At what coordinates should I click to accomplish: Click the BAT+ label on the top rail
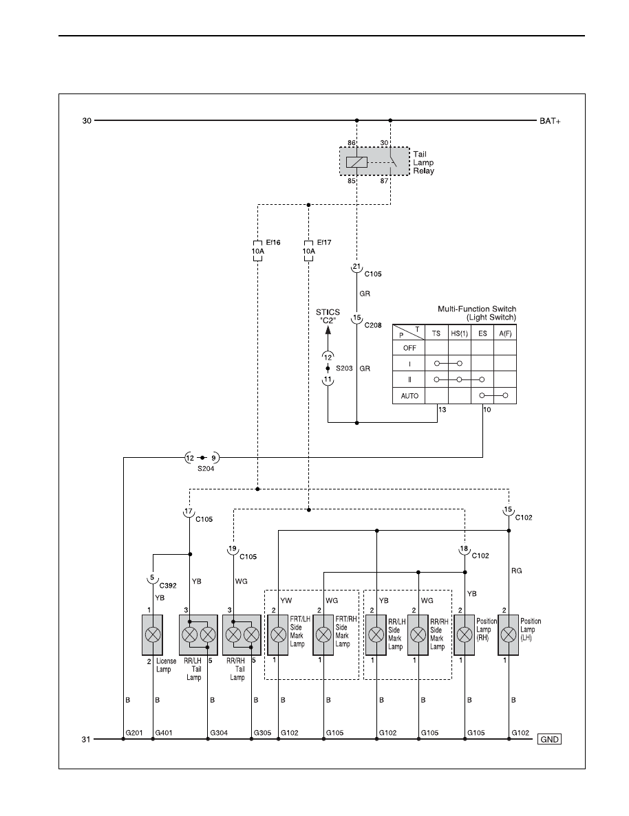(x=550, y=121)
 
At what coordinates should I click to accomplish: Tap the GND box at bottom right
(x=549, y=739)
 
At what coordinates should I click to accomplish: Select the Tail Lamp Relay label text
(x=423, y=162)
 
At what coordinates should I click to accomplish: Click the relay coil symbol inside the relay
(x=356, y=162)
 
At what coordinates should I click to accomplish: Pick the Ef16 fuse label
(x=273, y=242)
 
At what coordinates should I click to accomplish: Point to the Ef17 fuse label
(x=324, y=242)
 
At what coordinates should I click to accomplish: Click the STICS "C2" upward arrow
(x=328, y=338)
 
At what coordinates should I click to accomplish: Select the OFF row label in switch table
(x=409, y=348)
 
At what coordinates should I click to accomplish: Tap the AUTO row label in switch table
(x=409, y=396)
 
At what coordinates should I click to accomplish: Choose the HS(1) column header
(x=459, y=333)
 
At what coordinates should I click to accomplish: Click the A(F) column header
(x=505, y=333)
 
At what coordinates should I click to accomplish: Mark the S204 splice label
(x=205, y=468)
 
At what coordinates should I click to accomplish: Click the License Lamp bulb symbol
(x=152, y=635)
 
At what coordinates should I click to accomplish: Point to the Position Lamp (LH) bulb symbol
(x=508, y=635)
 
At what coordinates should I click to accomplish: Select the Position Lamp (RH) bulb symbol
(x=465, y=635)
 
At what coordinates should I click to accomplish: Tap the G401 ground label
(x=164, y=733)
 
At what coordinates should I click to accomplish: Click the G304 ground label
(x=219, y=733)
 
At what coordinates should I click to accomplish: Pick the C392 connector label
(x=168, y=586)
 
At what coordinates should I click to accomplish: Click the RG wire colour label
(x=516, y=571)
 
